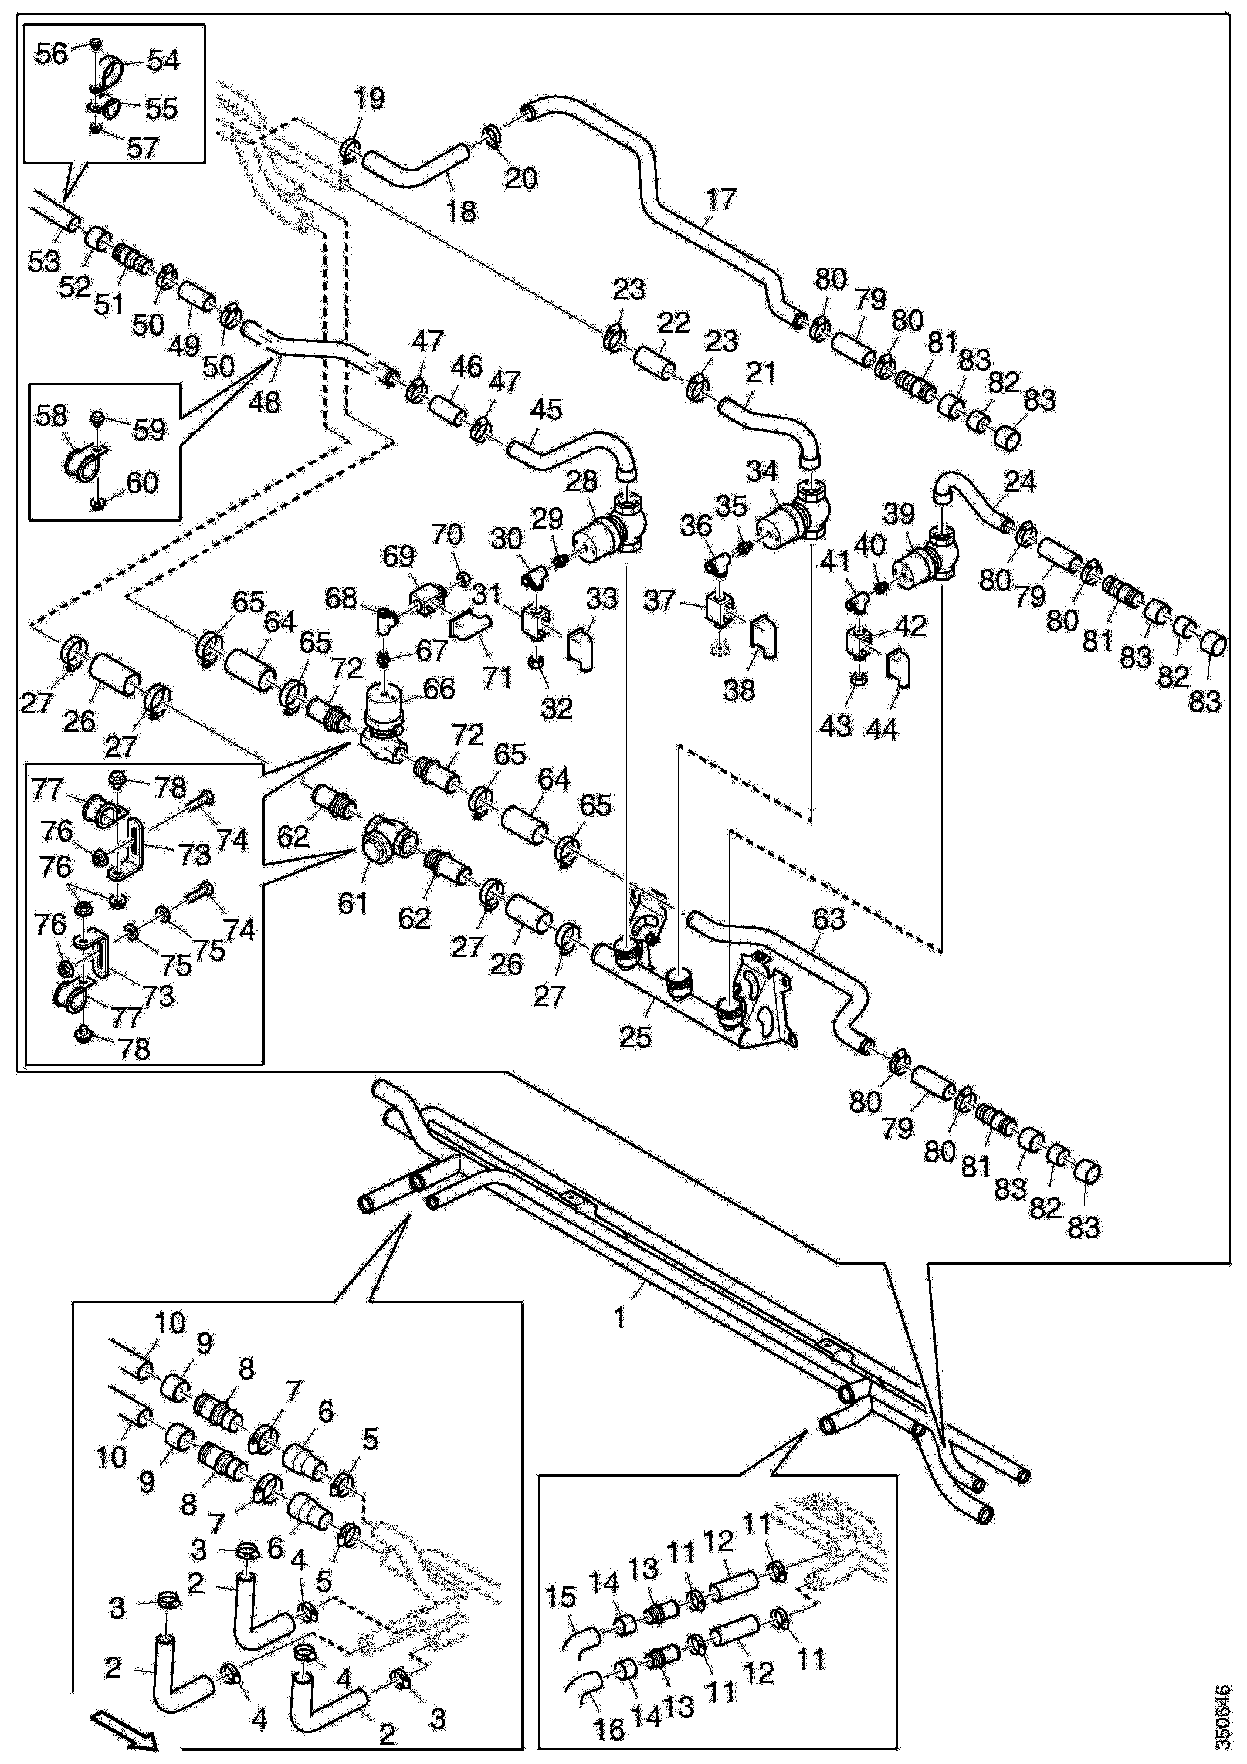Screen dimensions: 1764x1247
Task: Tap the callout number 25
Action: (x=635, y=1037)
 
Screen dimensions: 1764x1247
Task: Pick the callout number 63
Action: (x=828, y=920)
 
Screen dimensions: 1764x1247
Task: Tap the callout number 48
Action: (x=265, y=401)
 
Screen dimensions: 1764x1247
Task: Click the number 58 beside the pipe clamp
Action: (x=52, y=416)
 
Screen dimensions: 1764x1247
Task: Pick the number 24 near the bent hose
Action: (x=1021, y=482)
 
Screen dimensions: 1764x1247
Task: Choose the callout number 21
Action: (x=761, y=374)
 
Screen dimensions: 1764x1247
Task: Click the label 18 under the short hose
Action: (x=461, y=211)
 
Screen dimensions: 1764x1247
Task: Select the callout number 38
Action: (x=740, y=690)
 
